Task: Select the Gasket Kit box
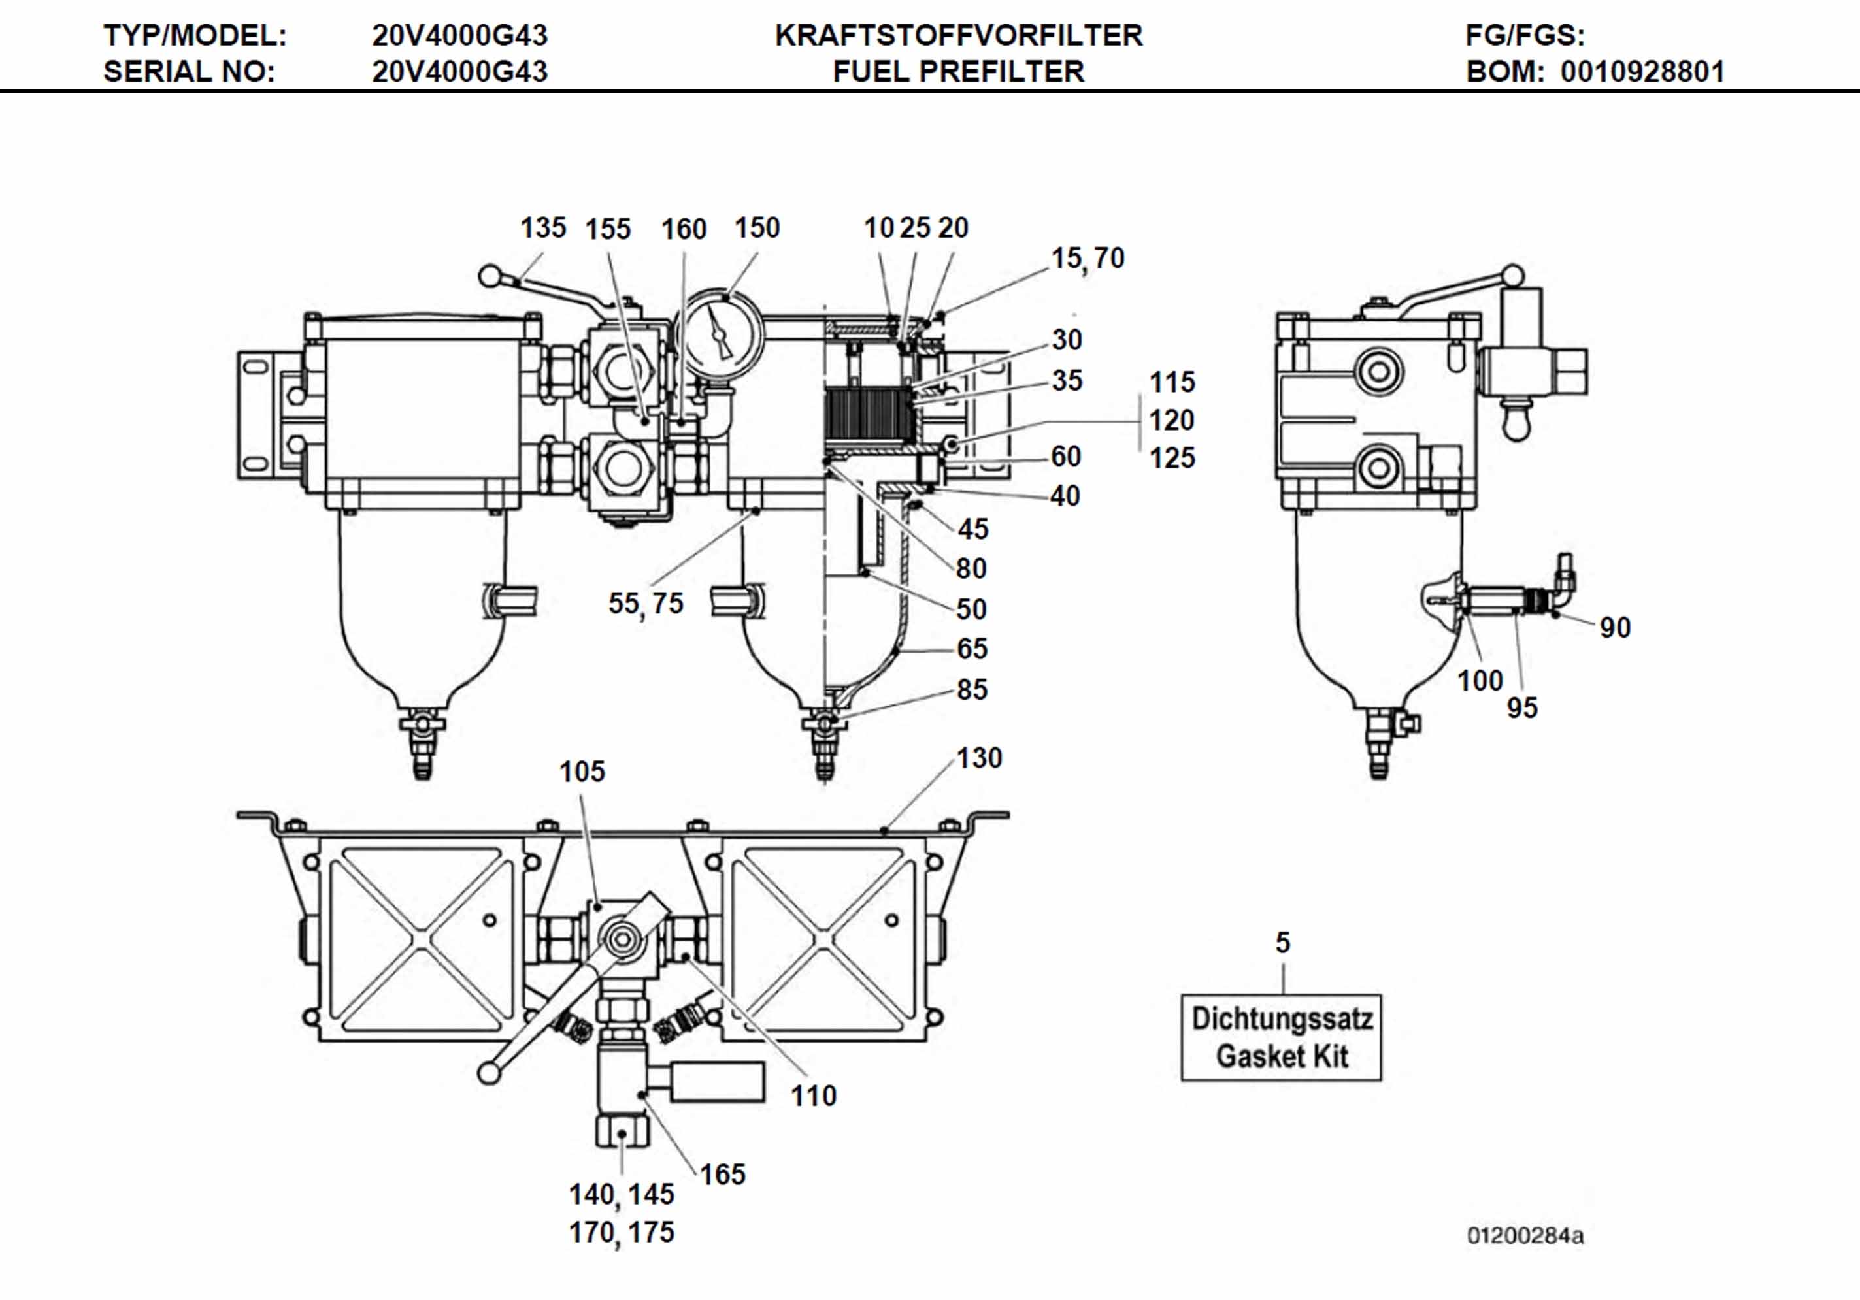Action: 1281,1037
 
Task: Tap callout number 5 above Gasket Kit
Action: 1282,942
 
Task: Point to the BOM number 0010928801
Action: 1642,72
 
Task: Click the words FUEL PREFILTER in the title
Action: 957,72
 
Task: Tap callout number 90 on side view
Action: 1614,628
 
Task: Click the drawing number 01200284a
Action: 1525,1235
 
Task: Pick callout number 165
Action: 722,1174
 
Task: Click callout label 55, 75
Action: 646,604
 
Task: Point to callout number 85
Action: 971,689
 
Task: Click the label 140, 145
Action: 622,1194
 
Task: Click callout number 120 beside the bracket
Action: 1171,419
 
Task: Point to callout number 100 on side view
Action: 1479,680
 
